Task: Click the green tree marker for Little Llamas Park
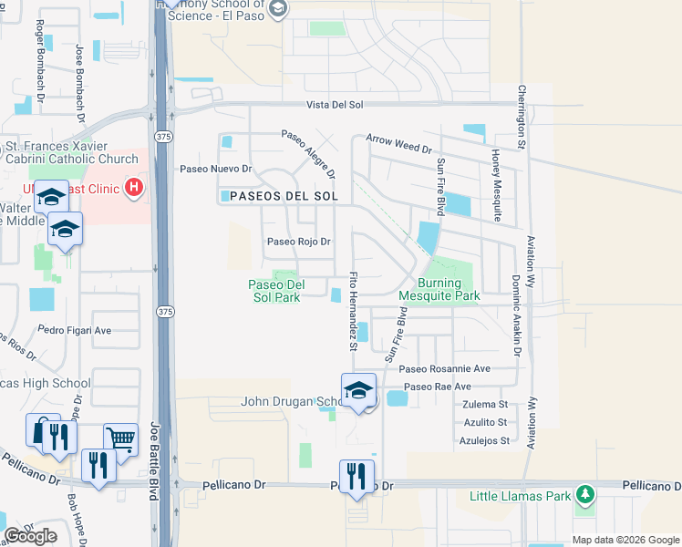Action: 584,496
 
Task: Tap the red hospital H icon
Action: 135,188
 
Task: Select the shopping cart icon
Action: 120,439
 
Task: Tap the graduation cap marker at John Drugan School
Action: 359,390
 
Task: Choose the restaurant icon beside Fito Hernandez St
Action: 356,474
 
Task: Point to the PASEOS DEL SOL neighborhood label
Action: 284,196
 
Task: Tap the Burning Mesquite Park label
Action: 439,290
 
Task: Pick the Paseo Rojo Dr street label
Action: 298,242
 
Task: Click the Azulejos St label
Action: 482,440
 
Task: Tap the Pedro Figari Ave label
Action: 75,330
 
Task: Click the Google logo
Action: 30,536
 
